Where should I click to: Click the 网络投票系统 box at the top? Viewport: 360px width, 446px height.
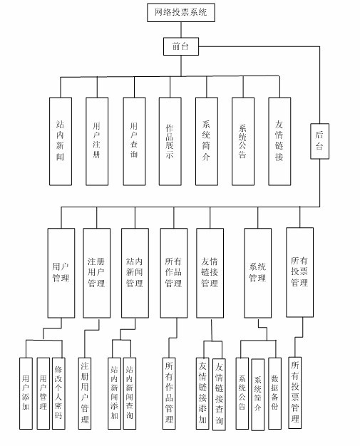(180, 12)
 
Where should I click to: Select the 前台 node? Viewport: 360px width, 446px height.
(180, 48)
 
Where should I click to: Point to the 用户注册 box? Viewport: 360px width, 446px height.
(97, 140)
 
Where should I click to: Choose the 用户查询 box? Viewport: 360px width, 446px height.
(133, 140)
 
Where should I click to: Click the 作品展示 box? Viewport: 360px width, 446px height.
(170, 140)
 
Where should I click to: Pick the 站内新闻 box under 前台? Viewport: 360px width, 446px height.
(61, 140)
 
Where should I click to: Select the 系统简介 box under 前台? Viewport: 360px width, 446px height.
(206, 140)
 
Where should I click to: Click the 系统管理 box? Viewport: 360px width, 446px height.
(257, 272)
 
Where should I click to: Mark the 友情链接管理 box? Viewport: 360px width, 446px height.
(210, 272)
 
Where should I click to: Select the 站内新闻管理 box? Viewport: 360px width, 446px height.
(134, 272)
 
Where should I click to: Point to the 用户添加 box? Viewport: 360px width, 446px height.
(26, 393)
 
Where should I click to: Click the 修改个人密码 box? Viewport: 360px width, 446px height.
(59, 393)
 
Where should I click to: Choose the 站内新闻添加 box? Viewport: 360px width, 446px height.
(114, 393)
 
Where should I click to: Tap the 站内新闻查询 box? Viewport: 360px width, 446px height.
(129, 393)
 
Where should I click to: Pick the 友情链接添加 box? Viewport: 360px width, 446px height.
(203, 393)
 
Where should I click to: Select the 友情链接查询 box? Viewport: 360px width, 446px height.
(219, 393)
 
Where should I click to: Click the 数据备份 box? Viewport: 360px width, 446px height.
(274, 393)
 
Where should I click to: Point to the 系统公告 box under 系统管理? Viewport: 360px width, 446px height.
(242, 393)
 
